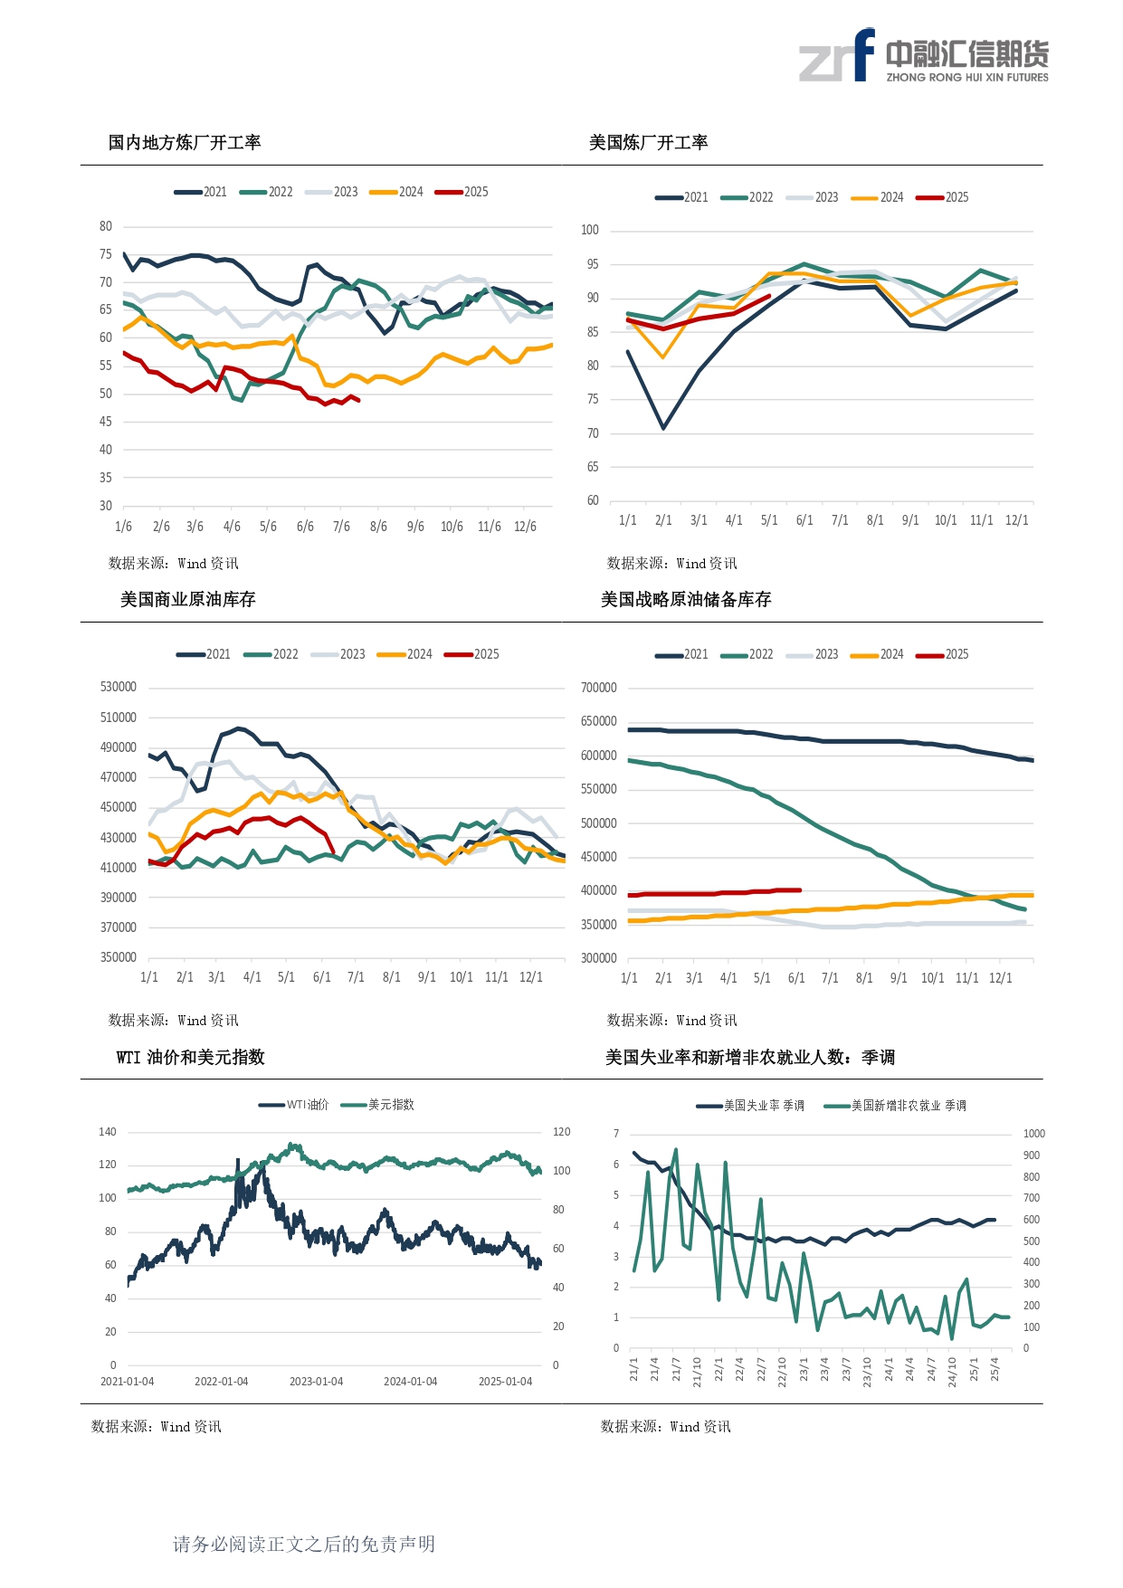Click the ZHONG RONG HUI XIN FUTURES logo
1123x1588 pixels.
coord(923,56)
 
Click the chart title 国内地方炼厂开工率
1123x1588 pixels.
coord(185,143)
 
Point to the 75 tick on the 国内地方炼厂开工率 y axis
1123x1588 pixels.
coord(106,254)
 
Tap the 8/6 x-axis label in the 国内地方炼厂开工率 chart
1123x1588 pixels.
coord(378,527)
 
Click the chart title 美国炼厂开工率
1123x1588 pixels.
coord(648,143)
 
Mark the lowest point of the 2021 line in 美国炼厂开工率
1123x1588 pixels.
coord(663,428)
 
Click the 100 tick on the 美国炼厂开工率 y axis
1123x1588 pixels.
coord(590,230)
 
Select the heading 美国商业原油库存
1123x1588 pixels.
coord(188,600)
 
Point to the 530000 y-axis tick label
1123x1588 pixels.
coord(119,687)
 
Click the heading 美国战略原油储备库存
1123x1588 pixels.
coord(686,600)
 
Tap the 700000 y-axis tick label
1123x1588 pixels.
coord(598,688)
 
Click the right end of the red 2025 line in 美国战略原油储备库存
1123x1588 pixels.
coord(800,890)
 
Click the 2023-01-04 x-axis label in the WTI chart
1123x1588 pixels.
coord(316,1382)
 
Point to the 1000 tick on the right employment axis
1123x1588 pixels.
coord(1033,1134)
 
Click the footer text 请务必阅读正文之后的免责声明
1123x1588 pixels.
coord(304,1544)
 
